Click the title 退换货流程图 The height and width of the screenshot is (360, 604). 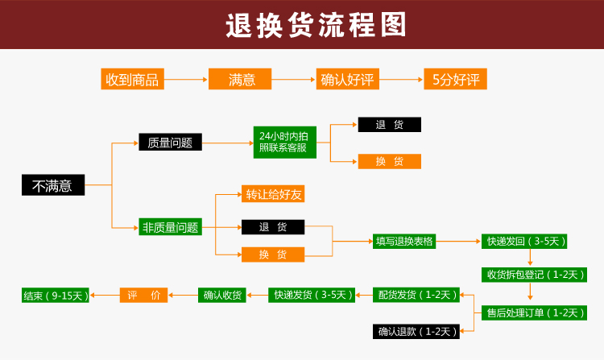click(x=316, y=25)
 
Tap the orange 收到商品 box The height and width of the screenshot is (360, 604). click(x=133, y=79)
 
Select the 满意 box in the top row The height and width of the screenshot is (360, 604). click(x=240, y=79)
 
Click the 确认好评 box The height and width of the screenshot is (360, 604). click(x=347, y=79)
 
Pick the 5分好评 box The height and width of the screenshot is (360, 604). click(x=455, y=79)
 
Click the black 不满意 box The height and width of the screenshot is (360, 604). click(x=53, y=184)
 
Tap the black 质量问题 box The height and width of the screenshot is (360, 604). click(x=170, y=142)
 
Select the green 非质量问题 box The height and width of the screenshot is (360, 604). click(x=170, y=227)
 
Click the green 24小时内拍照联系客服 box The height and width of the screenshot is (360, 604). click(x=285, y=143)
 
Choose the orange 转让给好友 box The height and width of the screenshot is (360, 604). click(x=273, y=193)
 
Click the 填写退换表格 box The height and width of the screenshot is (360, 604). click(x=404, y=242)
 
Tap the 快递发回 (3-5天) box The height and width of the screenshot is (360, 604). click(x=524, y=242)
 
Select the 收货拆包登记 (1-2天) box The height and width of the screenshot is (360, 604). click(x=534, y=275)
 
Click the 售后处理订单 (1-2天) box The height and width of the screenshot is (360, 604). click(x=534, y=312)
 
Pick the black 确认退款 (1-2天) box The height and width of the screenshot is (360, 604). click(x=416, y=332)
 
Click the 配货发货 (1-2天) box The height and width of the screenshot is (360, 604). click(x=416, y=295)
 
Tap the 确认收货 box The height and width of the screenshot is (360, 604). click(x=222, y=296)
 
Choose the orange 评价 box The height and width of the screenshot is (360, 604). click(x=143, y=296)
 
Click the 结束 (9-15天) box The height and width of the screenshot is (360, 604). click(x=56, y=296)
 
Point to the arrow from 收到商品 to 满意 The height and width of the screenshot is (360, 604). click(x=186, y=79)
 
